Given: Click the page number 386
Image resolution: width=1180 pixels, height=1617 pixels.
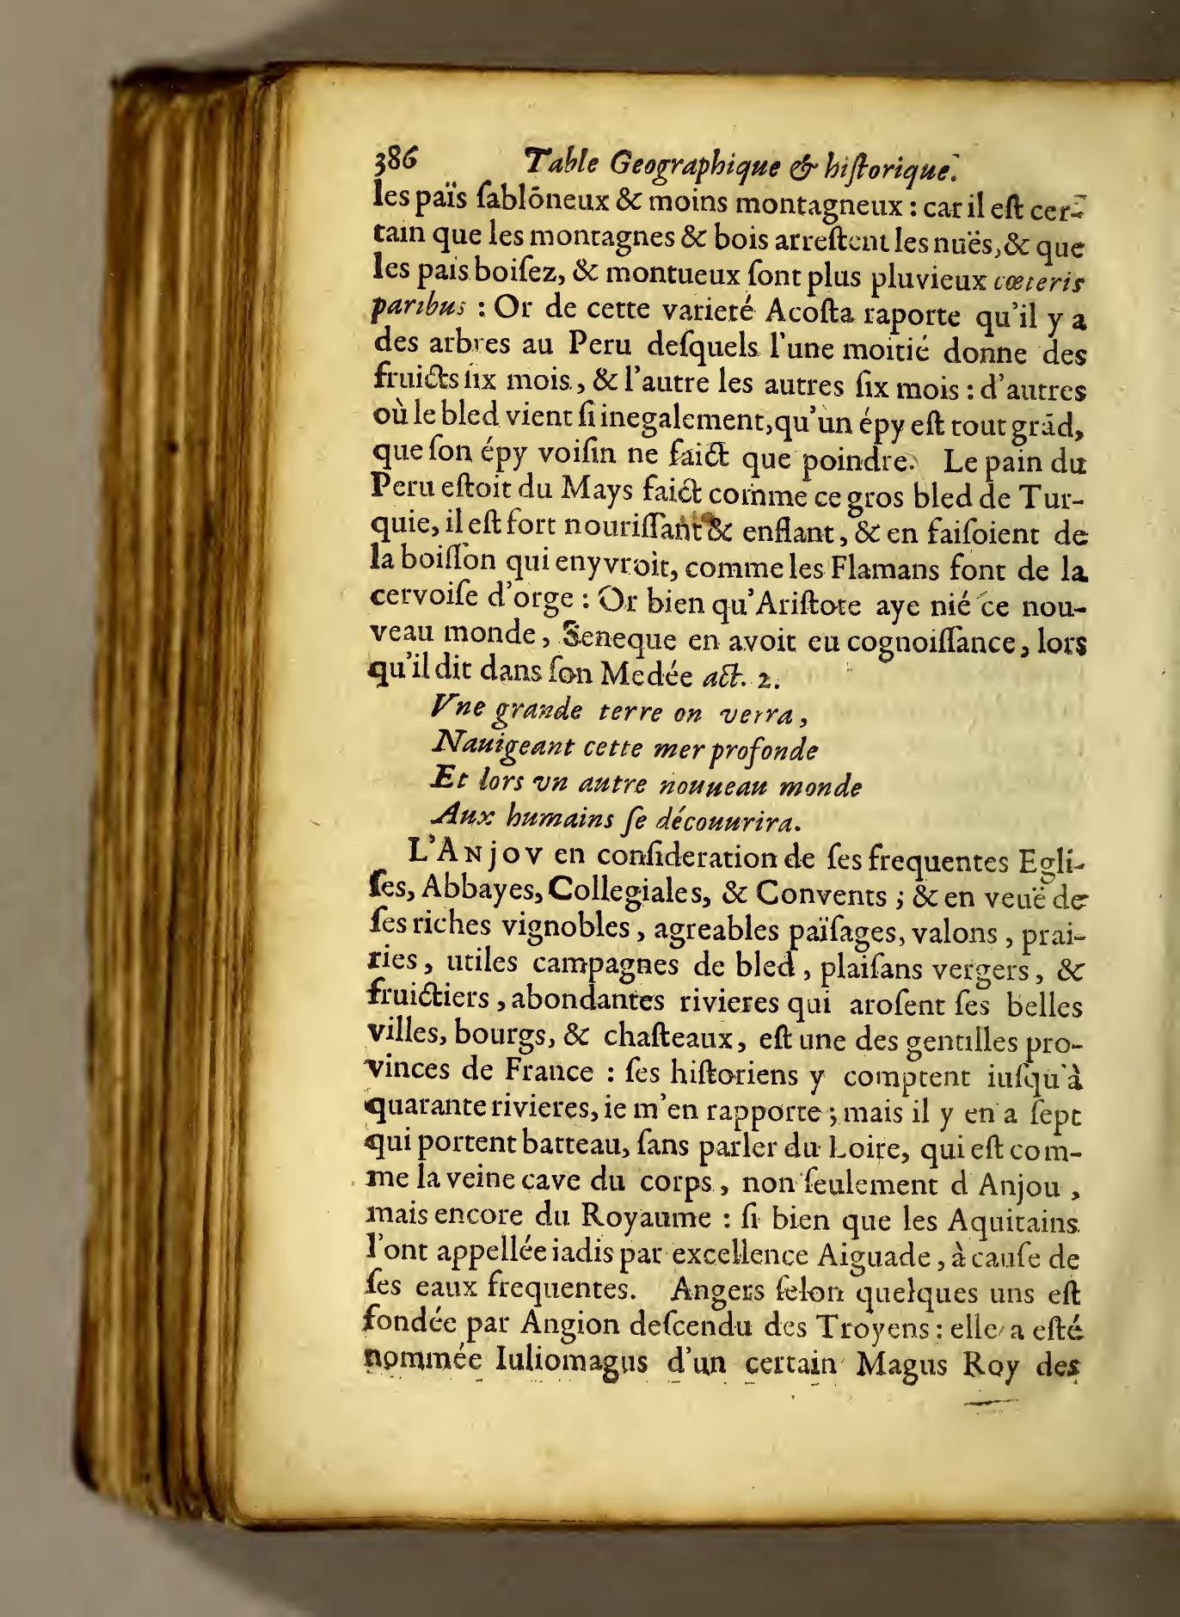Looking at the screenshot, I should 395,159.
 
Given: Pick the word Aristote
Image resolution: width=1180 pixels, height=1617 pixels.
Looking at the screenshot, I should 797,604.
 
